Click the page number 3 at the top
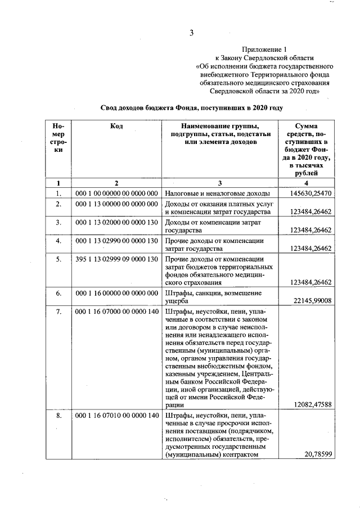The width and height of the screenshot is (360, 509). (192, 33)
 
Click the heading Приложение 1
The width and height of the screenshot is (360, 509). (264, 49)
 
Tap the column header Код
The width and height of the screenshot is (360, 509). (116, 127)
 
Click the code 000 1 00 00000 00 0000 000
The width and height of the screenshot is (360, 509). (116, 193)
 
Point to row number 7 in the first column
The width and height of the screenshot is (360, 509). (57, 312)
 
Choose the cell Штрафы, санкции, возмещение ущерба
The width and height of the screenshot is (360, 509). (213, 297)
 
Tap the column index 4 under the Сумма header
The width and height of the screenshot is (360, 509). (306, 183)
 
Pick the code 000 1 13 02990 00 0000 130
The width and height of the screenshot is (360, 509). (116, 241)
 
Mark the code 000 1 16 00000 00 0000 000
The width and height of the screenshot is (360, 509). (116, 293)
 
